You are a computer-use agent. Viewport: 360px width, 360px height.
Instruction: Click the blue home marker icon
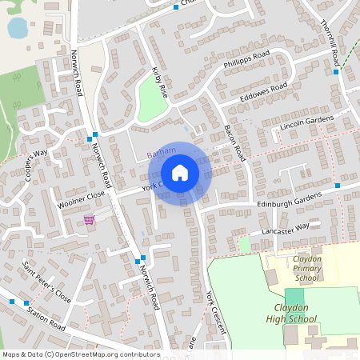180,173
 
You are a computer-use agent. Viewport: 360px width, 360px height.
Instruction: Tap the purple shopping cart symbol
90,219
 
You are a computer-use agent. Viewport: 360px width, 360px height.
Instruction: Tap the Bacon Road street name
234,139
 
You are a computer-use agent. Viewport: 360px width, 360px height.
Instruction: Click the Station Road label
46,317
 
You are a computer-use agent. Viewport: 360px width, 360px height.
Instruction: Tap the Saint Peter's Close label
46,282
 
